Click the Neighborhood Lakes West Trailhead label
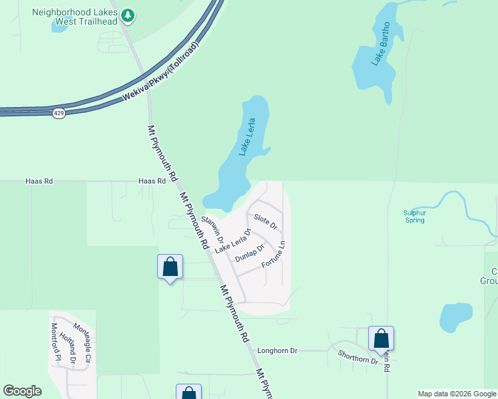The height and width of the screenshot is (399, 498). point(75,17)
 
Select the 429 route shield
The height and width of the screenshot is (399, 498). point(59,114)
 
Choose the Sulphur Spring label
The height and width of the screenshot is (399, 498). point(413,216)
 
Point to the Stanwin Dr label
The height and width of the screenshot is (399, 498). point(213,229)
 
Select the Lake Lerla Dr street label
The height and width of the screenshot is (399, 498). point(233,241)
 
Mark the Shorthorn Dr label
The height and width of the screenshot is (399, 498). point(358,357)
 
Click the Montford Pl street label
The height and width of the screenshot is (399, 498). point(56,341)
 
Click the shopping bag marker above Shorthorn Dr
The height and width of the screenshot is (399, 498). point(381,338)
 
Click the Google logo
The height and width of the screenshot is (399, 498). point(22,391)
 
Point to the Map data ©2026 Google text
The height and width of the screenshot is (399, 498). point(457,394)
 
